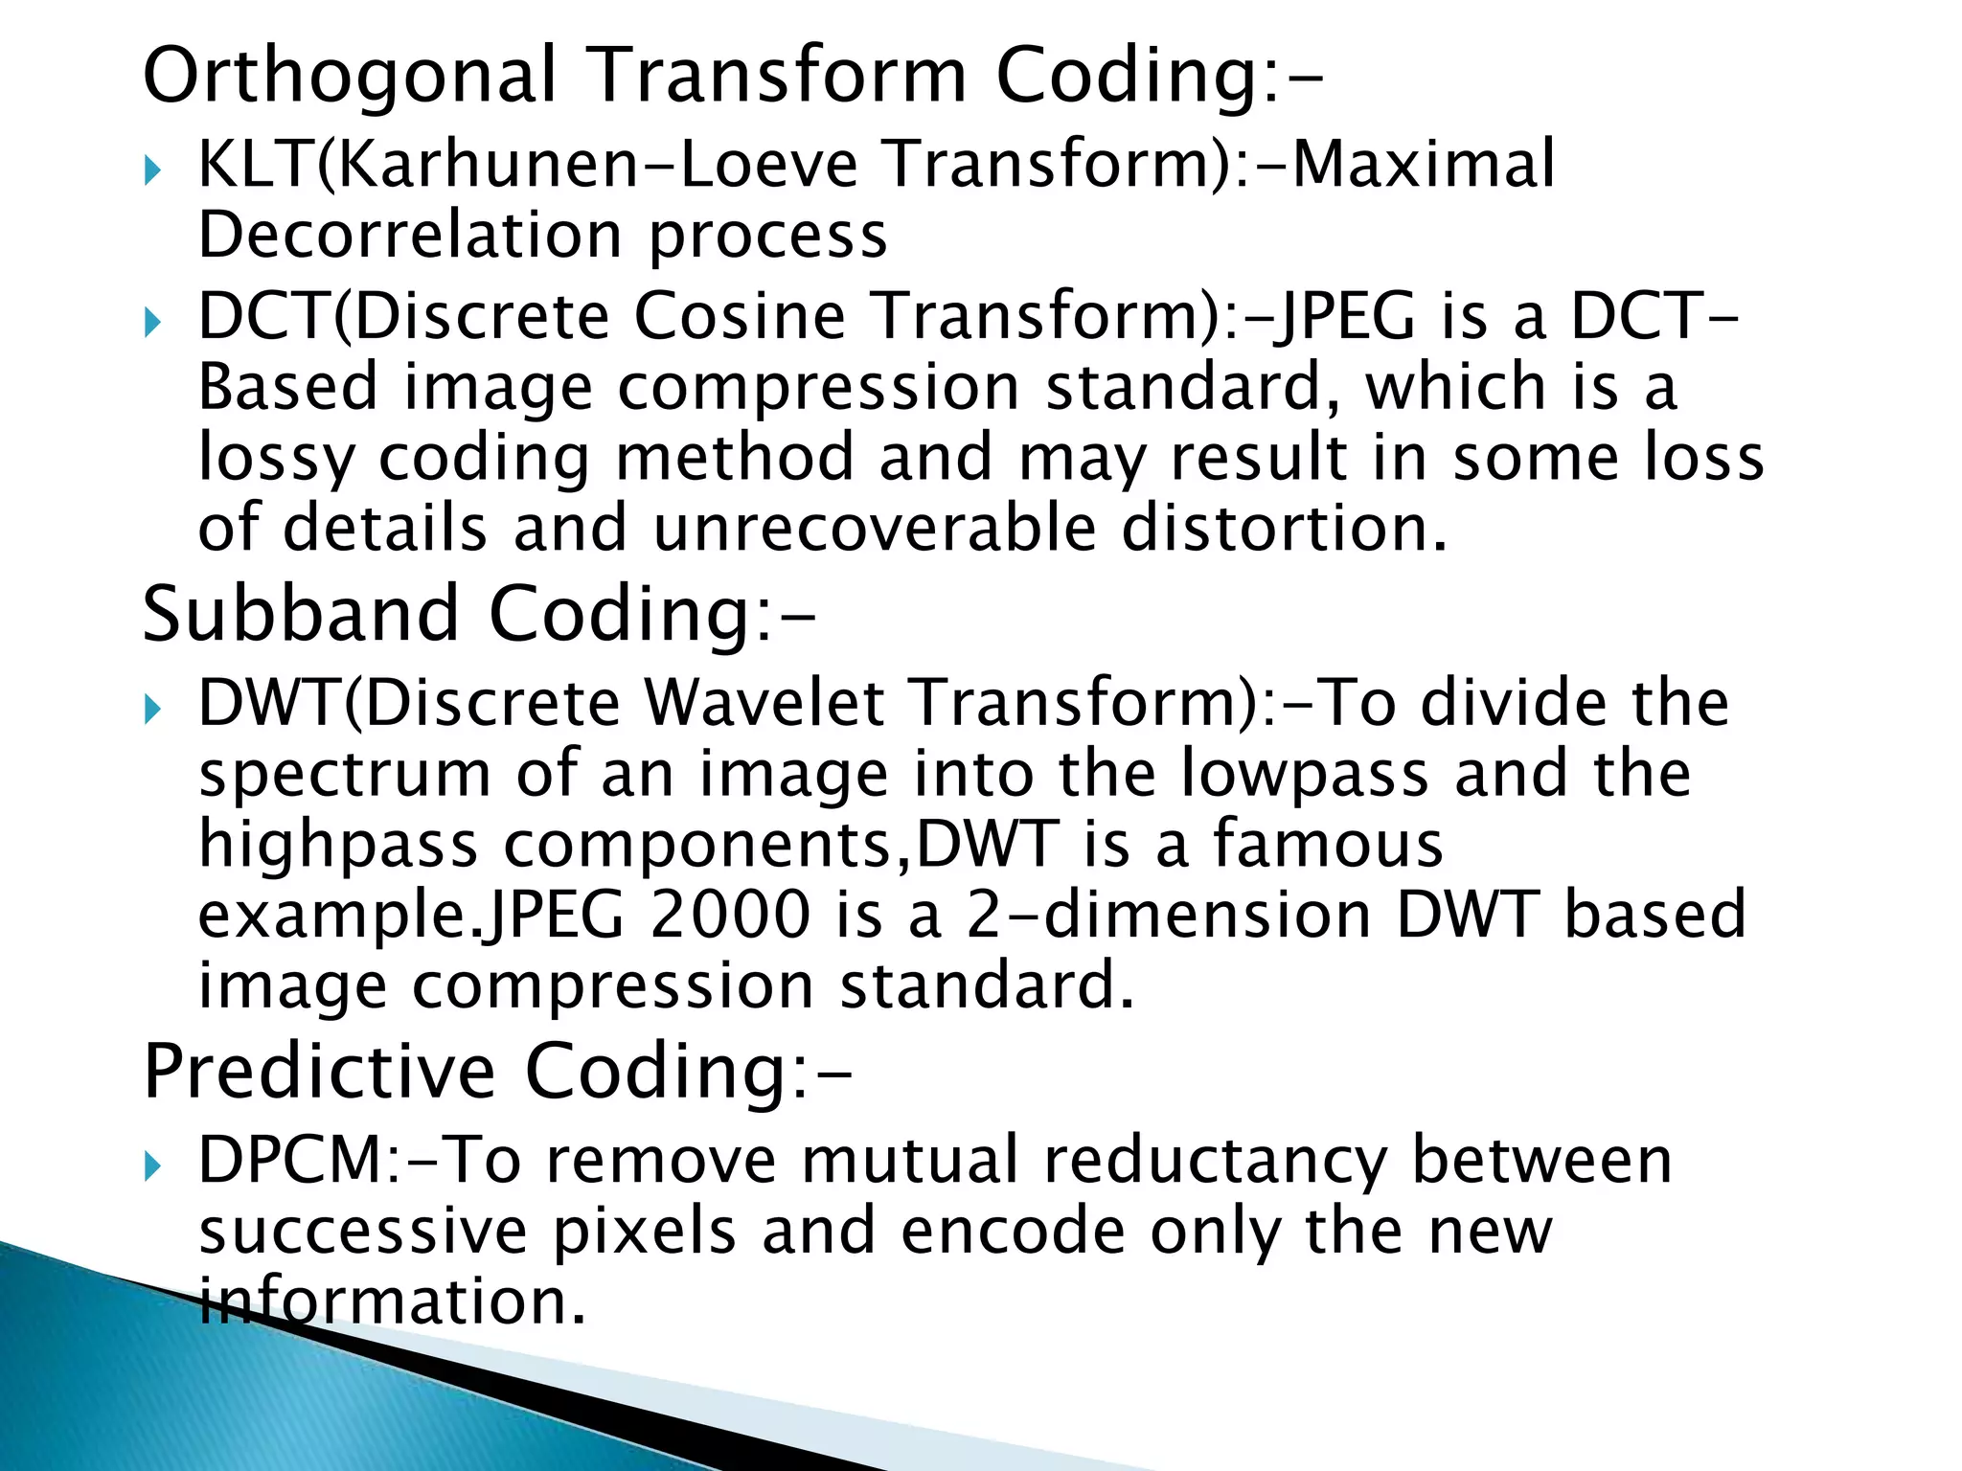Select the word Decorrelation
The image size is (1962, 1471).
(x=410, y=236)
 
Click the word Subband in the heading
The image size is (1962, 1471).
(x=301, y=615)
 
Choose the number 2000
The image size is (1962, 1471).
(x=729, y=916)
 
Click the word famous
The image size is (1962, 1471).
(x=1328, y=845)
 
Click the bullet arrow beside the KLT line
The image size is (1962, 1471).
(x=152, y=173)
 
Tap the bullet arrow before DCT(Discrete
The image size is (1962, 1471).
(x=152, y=325)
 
